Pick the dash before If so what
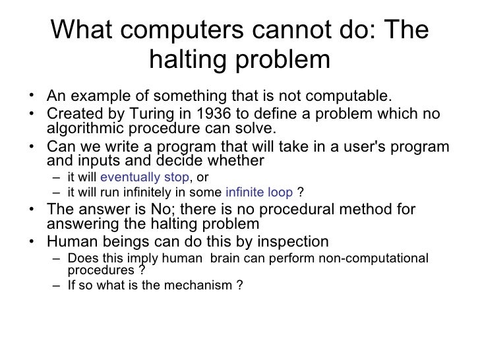click(x=59, y=287)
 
